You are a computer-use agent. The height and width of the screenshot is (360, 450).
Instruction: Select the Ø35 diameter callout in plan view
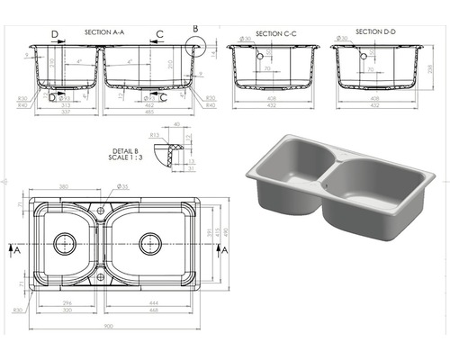[123, 186]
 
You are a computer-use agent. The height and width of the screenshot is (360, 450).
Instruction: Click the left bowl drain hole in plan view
[64, 243]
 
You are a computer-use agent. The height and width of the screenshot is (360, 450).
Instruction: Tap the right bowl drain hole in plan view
[150, 243]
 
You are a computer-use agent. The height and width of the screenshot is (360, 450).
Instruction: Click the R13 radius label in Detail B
[155, 134]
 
